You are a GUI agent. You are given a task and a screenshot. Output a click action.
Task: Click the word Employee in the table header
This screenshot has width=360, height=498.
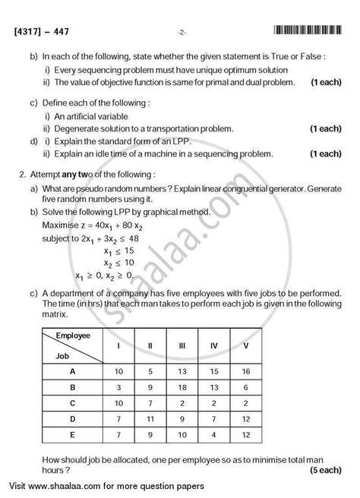click(x=90, y=334)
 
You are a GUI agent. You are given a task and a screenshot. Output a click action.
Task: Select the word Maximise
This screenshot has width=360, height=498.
click(x=63, y=225)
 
